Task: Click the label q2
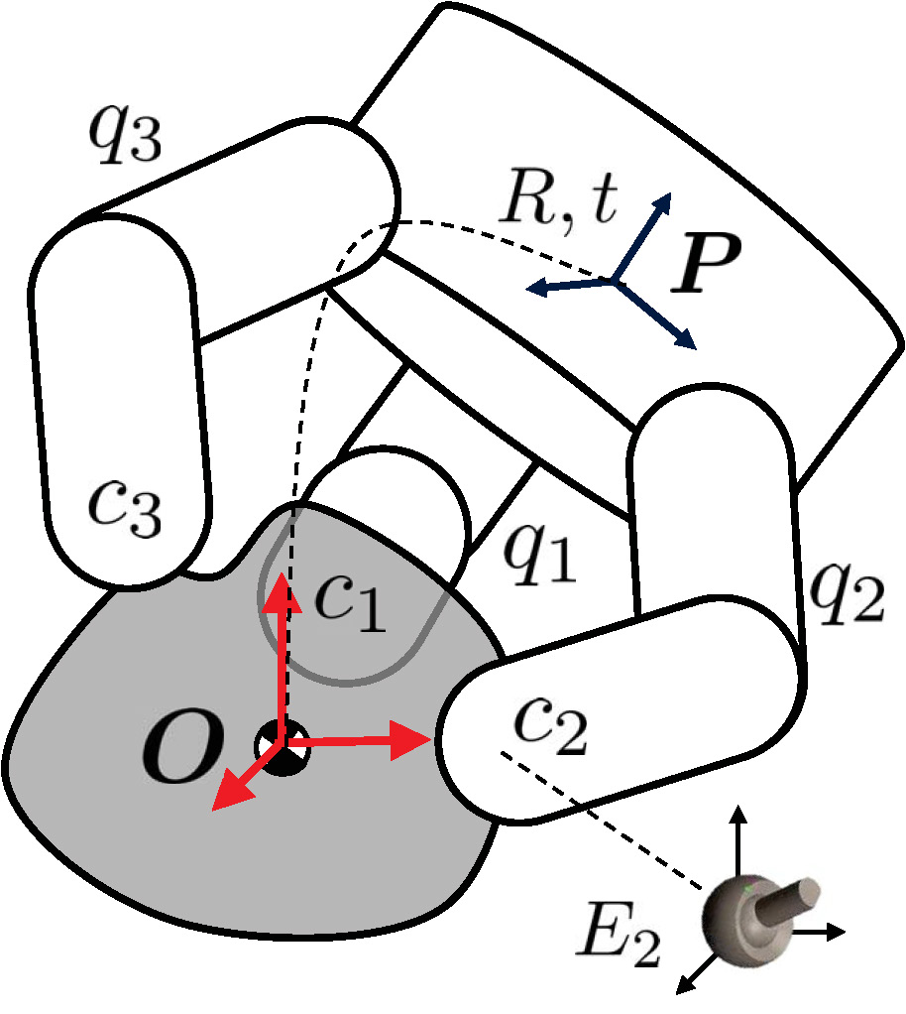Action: coord(846,595)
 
